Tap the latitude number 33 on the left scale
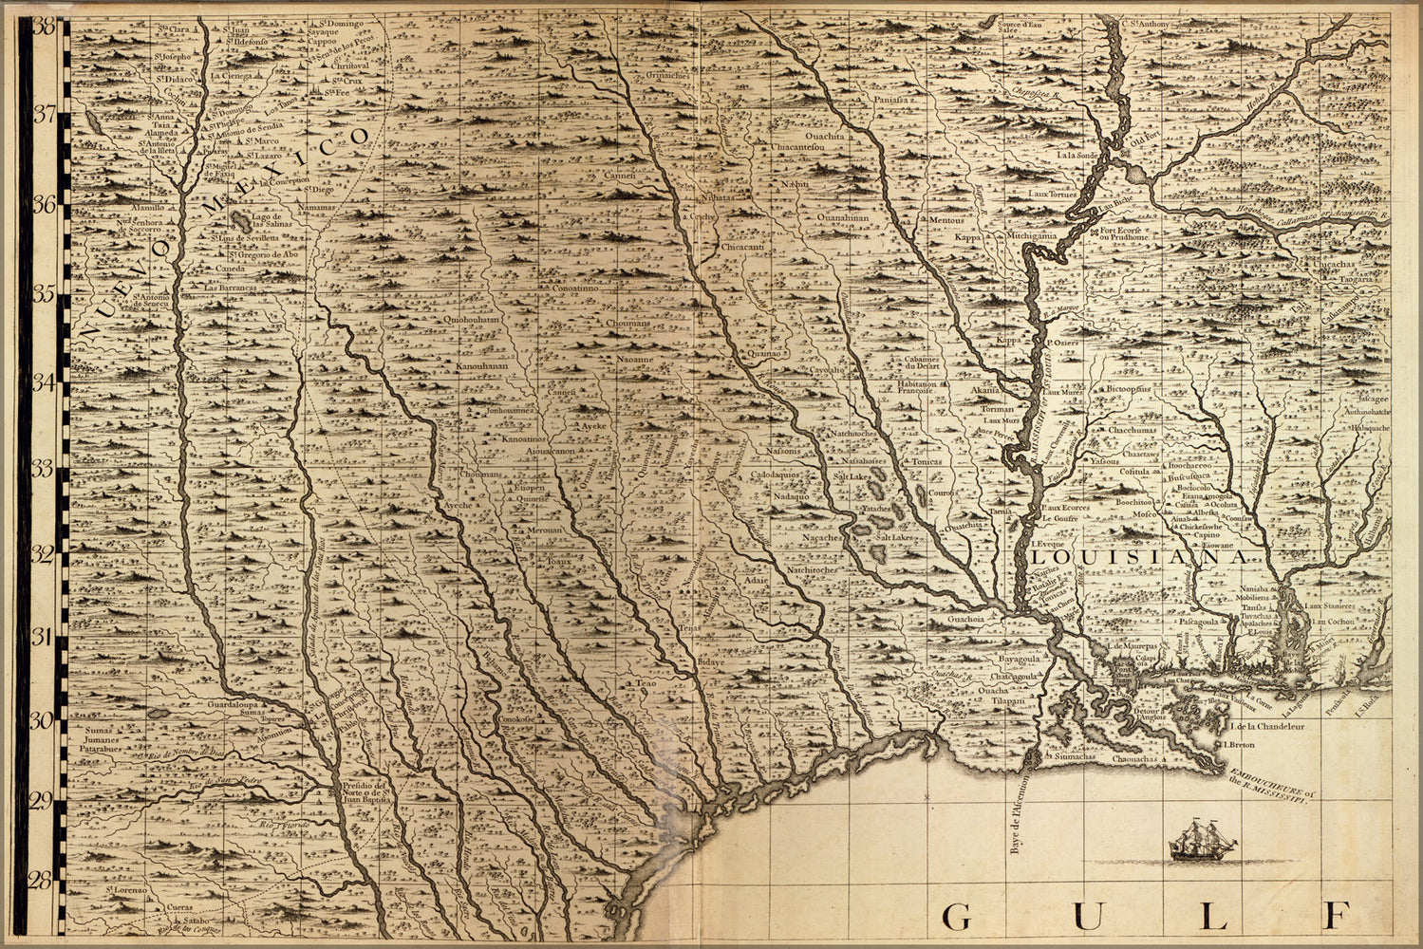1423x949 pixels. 44,467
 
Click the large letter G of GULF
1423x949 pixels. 956,917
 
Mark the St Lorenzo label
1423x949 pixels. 125,890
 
